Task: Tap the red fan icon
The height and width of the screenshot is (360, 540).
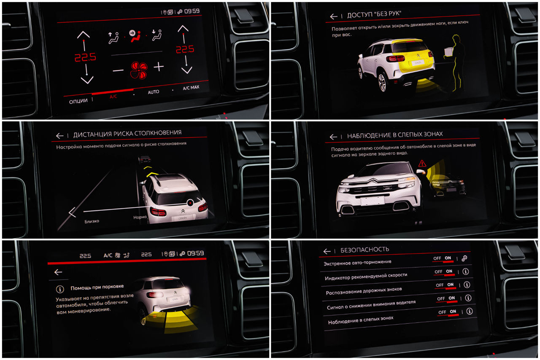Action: (139, 70)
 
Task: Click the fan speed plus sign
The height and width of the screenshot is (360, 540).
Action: (159, 67)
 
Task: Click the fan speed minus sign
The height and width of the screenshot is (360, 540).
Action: (118, 70)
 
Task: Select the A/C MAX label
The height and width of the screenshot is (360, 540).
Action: (191, 87)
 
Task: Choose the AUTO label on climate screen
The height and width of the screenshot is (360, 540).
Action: (153, 92)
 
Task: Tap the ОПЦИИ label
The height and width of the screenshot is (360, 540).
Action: (78, 101)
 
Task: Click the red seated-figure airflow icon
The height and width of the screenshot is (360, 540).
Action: (135, 36)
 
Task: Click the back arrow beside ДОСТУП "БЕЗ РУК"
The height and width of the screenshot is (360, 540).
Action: (334, 16)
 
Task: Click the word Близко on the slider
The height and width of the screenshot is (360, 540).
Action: (92, 221)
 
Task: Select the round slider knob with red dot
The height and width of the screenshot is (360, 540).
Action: (190, 203)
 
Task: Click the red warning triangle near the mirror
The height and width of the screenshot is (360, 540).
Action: (422, 164)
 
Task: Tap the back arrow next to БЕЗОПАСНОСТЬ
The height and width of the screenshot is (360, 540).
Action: (327, 251)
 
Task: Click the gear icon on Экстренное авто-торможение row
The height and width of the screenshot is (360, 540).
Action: (464, 258)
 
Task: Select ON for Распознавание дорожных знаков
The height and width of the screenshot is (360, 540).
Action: (450, 285)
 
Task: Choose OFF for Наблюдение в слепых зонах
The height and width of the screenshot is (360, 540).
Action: (442, 312)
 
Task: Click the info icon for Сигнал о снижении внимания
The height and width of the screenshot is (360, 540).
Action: (468, 298)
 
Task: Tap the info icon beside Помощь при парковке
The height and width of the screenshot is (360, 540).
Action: (60, 289)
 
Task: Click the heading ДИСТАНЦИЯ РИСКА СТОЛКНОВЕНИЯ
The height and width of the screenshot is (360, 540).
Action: (127, 134)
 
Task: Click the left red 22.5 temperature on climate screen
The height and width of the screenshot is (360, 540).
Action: (85, 57)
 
